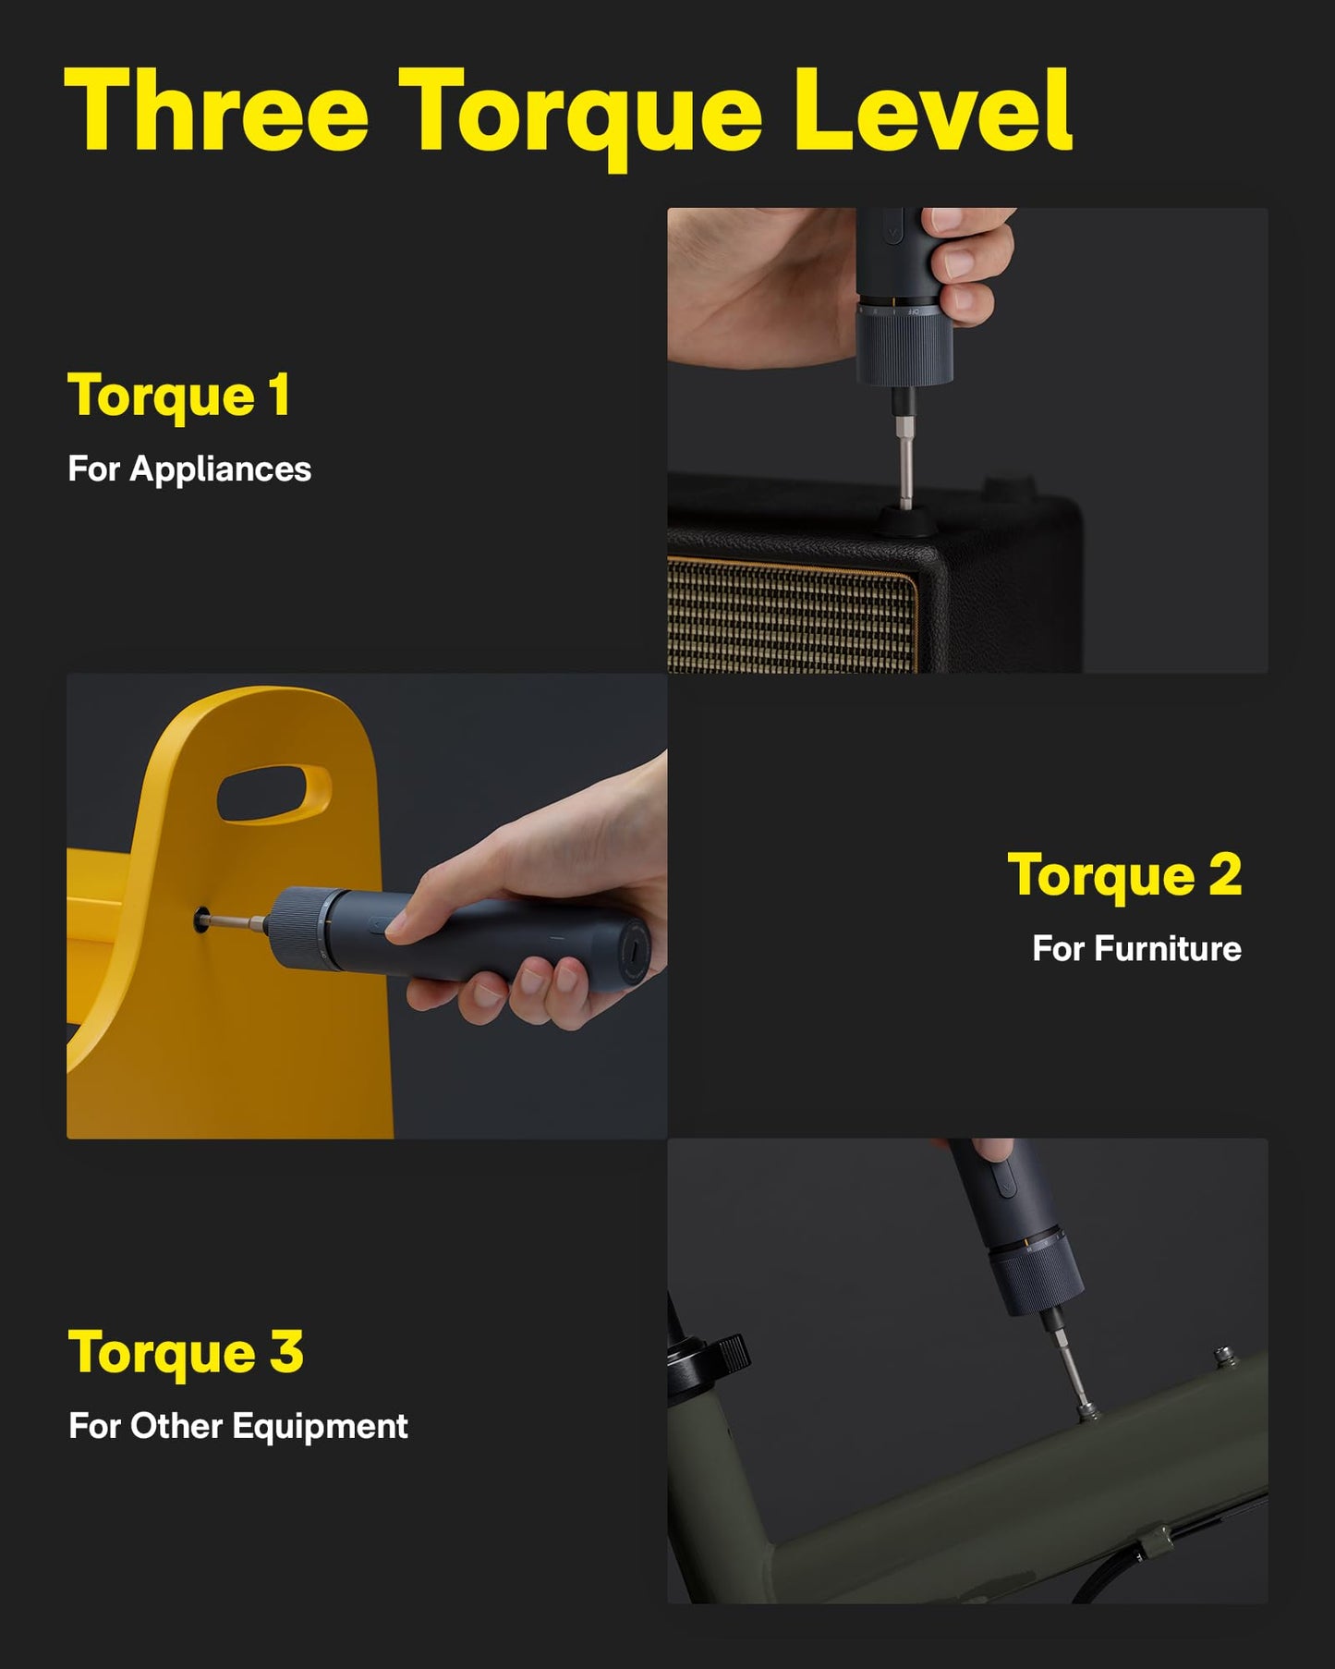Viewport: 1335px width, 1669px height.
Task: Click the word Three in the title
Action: [216, 111]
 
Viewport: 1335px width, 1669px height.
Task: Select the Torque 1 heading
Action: [179, 396]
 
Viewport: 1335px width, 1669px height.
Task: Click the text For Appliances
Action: [189, 469]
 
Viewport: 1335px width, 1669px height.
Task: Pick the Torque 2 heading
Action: [1124, 874]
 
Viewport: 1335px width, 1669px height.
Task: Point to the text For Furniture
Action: [1136, 948]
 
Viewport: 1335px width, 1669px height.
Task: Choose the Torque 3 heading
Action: [186, 1352]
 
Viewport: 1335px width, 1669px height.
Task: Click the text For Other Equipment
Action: [238, 1426]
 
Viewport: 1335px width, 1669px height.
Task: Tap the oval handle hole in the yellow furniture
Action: [273, 794]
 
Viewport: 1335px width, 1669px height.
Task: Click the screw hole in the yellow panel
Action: [201, 920]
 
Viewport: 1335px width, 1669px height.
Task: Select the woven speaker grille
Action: [790, 615]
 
